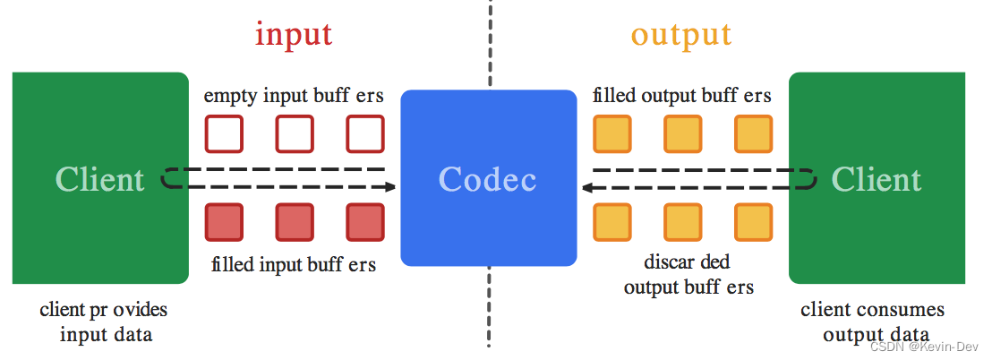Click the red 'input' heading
294,34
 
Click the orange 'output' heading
681,34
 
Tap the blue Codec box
488,178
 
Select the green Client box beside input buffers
100,178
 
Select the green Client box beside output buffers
877,178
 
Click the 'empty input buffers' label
294,96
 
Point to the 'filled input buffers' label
294,264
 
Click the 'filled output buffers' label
682,96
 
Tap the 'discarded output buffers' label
688,275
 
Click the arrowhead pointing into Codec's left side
389,187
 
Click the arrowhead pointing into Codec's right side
588,187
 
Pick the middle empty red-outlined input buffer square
295,134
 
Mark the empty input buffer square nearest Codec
365,134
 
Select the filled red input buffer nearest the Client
224,223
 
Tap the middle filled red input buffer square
295,223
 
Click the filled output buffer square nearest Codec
611,134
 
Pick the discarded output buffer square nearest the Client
753,223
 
